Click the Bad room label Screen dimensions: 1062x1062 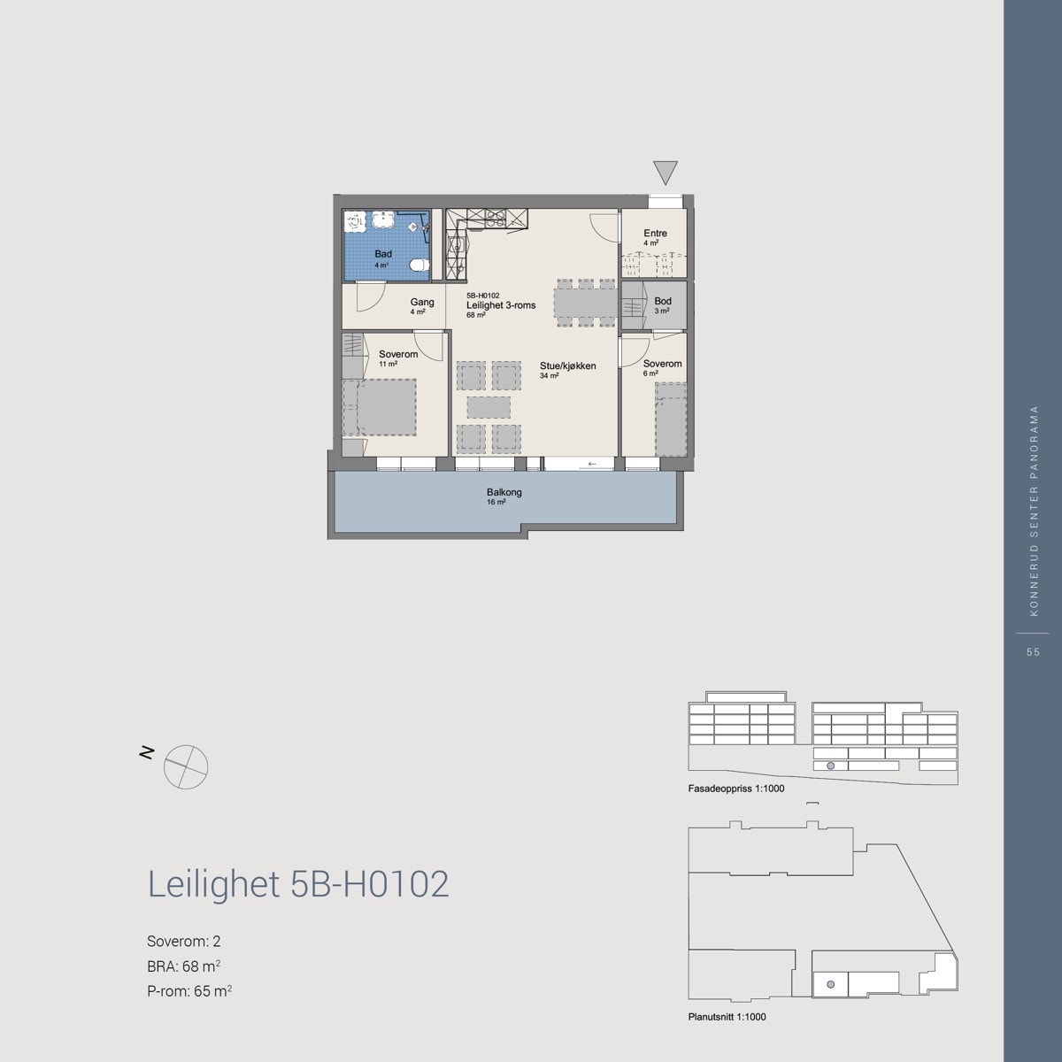(x=382, y=254)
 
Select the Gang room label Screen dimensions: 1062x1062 (x=421, y=302)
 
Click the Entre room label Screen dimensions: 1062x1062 (x=655, y=234)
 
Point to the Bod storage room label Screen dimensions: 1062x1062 (x=662, y=302)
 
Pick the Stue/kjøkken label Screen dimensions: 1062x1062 (x=568, y=365)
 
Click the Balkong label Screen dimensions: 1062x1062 (x=504, y=492)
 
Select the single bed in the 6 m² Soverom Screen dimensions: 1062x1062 (x=670, y=420)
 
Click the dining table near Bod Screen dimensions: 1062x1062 (x=585, y=303)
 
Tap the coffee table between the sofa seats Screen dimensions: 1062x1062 (x=488, y=407)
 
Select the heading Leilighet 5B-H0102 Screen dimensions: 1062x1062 (x=298, y=884)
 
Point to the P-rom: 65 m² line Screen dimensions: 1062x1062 (x=189, y=991)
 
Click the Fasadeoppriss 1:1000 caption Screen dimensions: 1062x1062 (x=735, y=788)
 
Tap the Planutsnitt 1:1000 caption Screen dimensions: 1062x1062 (x=727, y=1017)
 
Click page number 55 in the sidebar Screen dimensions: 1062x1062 (x=1032, y=652)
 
